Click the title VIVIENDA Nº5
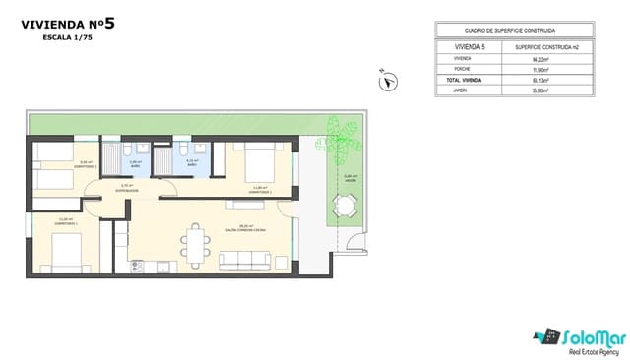coord(68,24)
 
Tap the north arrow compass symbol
coord(388,82)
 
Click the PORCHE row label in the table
coord(464,69)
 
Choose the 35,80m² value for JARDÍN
coord(539,90)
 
